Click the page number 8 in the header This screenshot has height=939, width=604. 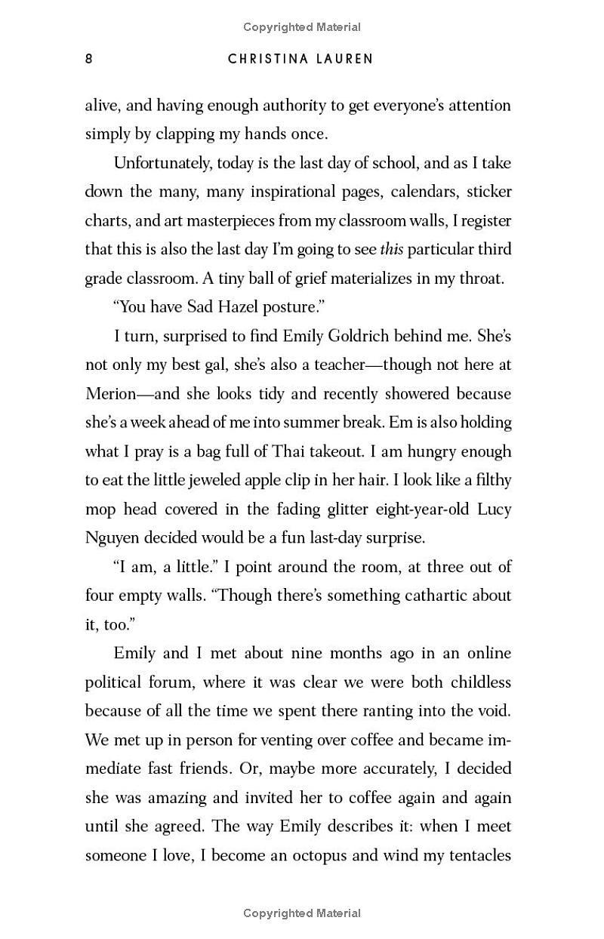coord(89,59)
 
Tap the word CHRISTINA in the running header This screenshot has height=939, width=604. coord(270,59)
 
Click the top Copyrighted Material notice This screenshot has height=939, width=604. coord(302,27)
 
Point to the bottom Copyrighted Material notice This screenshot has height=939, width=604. coord(302,913)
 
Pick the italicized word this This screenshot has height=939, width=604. coord(392,249)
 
